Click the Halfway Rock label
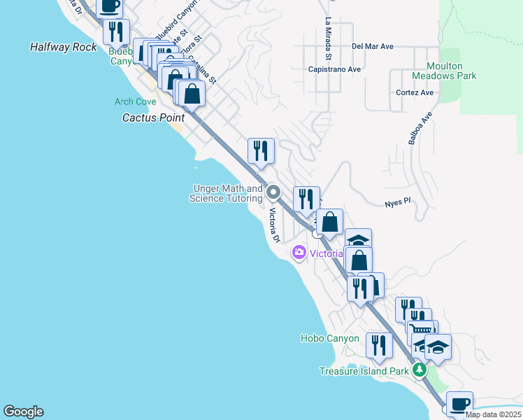coord(64,47)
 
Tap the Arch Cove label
coord(136,101)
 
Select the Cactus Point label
coord(153,118)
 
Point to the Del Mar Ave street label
coord(373,46)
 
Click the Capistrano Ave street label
coord(334,69)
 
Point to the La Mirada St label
coord(327,38)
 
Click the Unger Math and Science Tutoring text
coord(226,193)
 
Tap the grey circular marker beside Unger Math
coord(273,192)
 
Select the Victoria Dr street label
coord(274,227)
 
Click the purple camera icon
coord(300,253)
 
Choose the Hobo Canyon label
coord(329,338)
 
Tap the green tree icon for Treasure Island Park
coord(419,370)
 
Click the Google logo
coord(23,412)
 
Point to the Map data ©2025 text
coord(493,414)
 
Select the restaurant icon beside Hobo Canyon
coord(378,344)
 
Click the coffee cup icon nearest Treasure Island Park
coord(459,404)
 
